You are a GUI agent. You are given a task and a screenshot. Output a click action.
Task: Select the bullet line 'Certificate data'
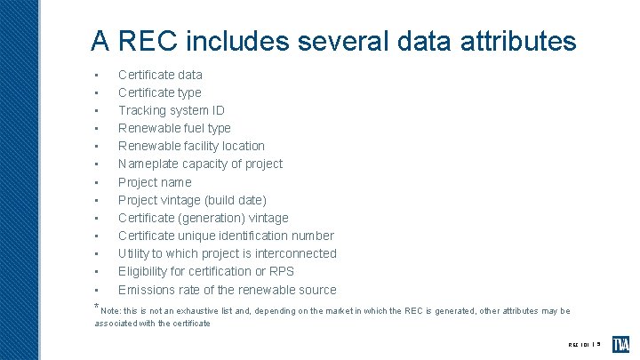coord(160,75)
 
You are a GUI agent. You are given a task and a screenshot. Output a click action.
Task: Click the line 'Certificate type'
coord(160,92)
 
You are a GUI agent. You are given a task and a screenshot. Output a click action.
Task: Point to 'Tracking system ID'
coord(171,110)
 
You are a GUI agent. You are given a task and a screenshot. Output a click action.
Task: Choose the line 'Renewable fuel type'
coord(174,128)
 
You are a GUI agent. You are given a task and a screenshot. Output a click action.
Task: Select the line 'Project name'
coord(155,182)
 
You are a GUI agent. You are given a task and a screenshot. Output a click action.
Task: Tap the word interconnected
coord(293,253)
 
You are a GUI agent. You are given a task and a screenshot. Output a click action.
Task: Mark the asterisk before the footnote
coord(96,308)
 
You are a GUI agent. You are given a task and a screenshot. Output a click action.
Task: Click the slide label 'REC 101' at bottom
coord(579,344)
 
